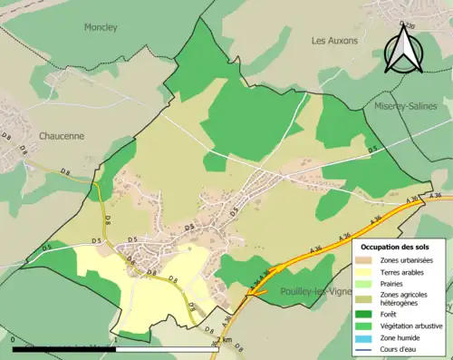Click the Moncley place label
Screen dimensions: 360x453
point(101,27)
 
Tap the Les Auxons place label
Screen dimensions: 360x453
point(334,41)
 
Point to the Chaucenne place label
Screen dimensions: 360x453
point(62,135)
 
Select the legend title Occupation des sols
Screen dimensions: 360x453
point(396,246)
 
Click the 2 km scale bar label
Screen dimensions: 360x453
point(225,340)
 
